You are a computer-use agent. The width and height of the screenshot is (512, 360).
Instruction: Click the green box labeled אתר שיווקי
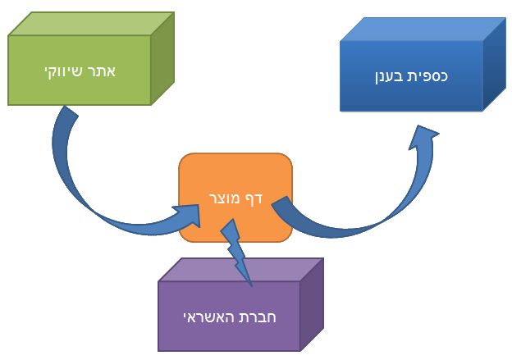[x=80, y=71]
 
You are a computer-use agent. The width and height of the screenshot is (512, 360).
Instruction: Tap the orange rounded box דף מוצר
[x=235, y=198]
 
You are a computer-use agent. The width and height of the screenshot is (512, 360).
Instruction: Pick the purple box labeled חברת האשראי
[x=229, y=316]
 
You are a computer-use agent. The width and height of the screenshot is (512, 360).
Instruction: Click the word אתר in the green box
[x=102, y=71]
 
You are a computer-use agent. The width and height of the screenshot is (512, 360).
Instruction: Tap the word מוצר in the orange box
[x=223, y=198]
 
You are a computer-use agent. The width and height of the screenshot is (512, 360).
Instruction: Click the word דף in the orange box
[x=254, y=198]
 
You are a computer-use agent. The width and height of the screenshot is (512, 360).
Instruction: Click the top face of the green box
[x=90, y=23]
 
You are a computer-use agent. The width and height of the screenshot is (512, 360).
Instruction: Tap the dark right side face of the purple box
[x=312, y=303]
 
